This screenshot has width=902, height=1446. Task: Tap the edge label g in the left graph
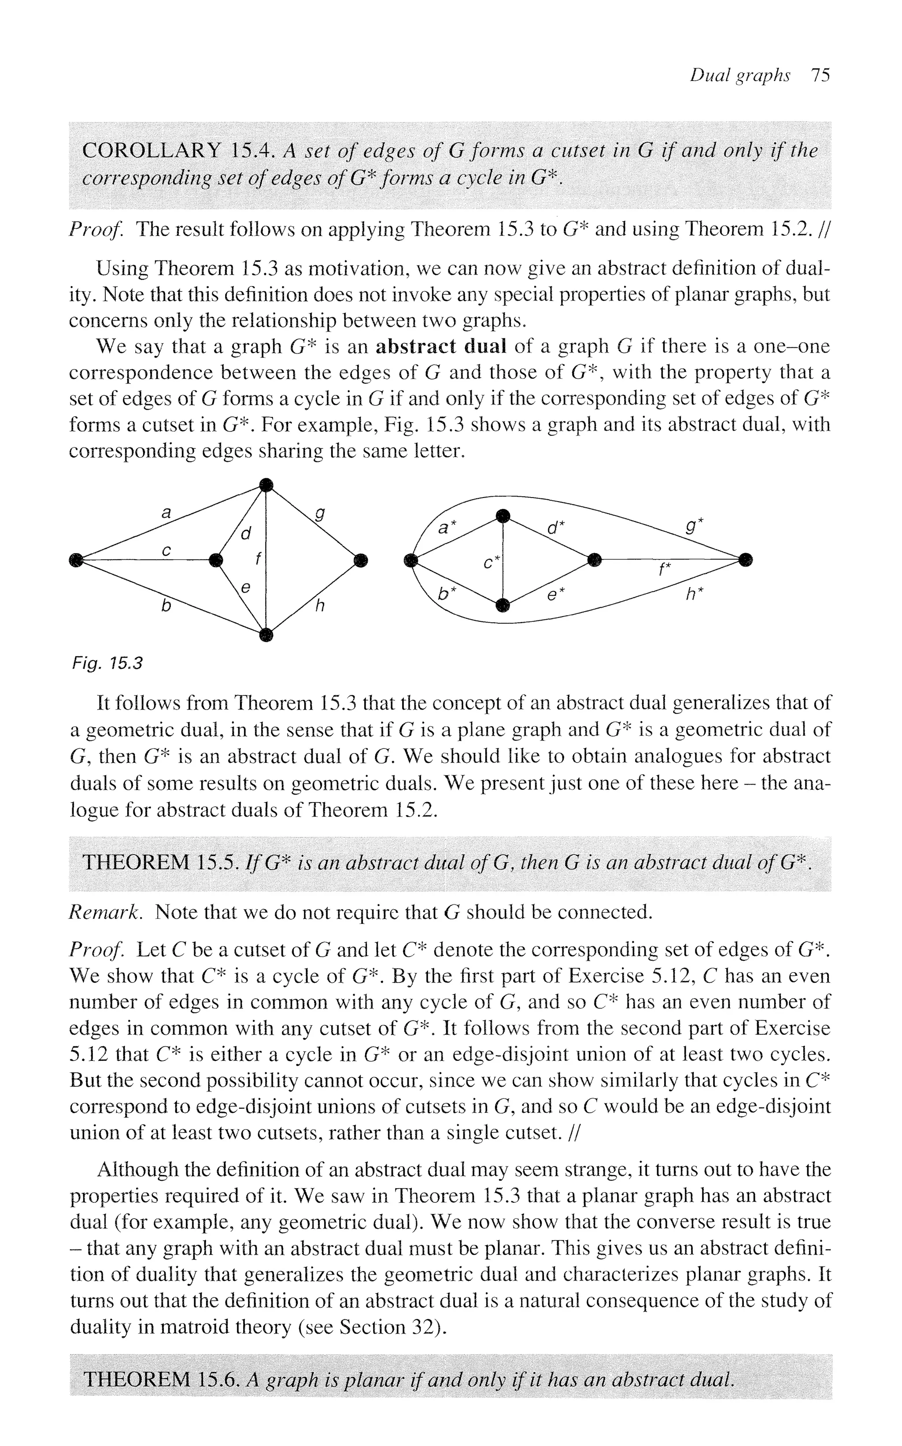click(x=320, y=514)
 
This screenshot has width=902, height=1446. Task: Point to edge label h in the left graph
click(x=320, y=606)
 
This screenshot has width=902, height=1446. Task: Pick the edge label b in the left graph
click(x=166, y=606)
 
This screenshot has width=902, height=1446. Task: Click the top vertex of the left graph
click(x=266, y=485)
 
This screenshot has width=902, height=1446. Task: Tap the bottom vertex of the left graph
click(x=266, y=635)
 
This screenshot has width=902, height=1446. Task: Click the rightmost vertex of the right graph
click(x=745, y=559)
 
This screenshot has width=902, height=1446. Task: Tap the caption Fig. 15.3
click(x=106, y=663)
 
